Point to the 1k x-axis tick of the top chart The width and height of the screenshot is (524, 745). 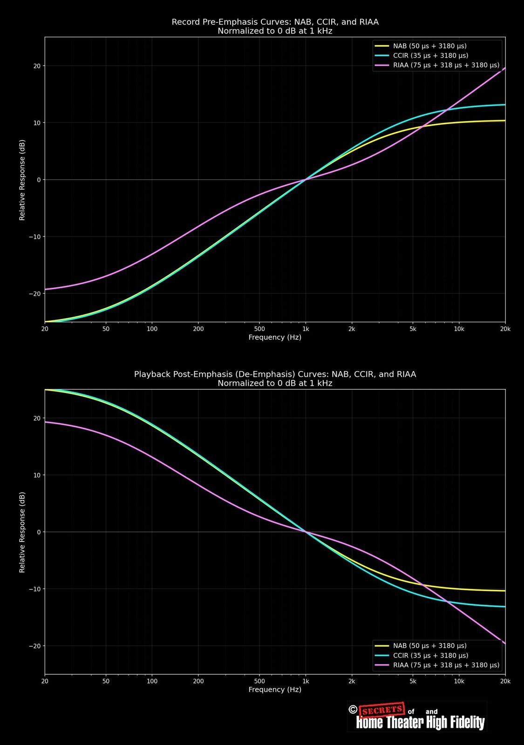(x=305, y=329)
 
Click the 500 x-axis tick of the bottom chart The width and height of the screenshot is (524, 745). (x=259, y=681)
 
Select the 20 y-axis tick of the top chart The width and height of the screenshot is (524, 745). (x=37, y=66)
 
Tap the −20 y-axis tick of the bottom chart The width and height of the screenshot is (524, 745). (x=34, y=646)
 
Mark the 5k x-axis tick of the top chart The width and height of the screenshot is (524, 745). (x=413, y=329)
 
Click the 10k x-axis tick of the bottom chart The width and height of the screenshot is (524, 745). (x=459, y=681)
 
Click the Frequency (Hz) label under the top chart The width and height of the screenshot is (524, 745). (x=275, y=337)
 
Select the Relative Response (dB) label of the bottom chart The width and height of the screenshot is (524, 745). (x=22, y=532)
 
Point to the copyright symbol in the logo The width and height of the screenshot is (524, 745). (x=353, y=710)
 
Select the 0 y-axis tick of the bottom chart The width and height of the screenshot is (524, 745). (x=39, y=532)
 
